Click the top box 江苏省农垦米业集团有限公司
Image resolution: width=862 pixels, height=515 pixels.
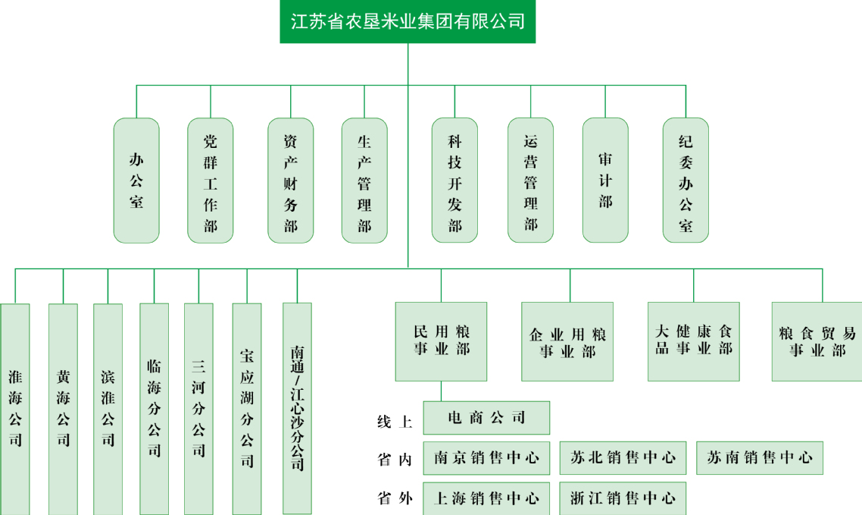pyautogui.click(x=408, y=21)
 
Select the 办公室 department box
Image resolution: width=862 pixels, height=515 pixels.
pyautogui.click(x=136, y=181)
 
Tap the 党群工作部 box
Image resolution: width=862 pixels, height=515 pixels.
pyautogui.click(x=211, y=181)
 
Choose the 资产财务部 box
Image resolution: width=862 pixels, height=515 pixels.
pyautogui.click(x=291, y=181)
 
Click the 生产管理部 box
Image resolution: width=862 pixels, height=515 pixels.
pyautogui.click(x=364, y=181)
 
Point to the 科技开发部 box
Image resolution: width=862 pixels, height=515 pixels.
pyautogui.click(x=454, y=181)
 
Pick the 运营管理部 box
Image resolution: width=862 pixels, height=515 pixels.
pyautogui.click(x=530, y=181)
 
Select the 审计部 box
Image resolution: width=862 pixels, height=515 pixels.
pyautogui.click(x=605, y=181)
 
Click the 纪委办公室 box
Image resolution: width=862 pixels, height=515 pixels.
pyautogui.click(x=686, y=181)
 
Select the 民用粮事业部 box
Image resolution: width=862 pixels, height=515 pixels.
pyautogui.click(x=441, y=341)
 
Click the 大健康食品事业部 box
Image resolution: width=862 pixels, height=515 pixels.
pyautogui.click(x=693, y=341)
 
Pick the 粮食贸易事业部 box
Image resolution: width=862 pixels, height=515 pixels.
pyautogui.click(x=817, y=341)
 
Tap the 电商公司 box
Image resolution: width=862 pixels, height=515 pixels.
pyautogui.click(x=486, y=418)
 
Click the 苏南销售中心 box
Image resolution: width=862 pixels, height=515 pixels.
pyautogui.click(x=759, y=458)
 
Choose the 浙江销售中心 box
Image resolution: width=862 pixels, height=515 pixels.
pyautogui.click(x=623, y=498)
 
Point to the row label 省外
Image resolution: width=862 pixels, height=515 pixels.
pyautogui.click(x=395, y=499)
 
